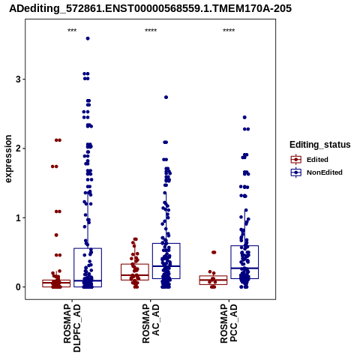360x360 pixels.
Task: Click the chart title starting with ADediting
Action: pos(150,8)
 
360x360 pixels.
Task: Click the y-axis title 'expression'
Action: pos(8,159)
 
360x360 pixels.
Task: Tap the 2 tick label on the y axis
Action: pos(18,148)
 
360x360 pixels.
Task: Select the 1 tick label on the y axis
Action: pos(18,217)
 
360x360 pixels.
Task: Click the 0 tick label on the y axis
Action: pos(18,287)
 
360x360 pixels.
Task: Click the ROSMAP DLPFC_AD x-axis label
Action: pos(72,328)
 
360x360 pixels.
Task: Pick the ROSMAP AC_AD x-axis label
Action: pos(151,324)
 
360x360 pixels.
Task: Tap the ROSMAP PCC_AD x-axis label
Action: pos(229,324)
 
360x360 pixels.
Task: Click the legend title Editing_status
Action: pos(320,145)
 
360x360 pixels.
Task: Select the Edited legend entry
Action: pos(310,160)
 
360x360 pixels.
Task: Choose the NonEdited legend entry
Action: pos(316,172)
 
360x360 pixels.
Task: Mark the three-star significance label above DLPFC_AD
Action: pos(72,31)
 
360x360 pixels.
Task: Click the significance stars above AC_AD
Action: pos(151,31)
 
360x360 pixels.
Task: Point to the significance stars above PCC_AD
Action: pos(229,31)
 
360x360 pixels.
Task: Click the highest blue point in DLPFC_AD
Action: pos(88,38)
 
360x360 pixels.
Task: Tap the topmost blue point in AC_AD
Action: pos(166,97)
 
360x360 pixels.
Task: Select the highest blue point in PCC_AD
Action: pos(244,118)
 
